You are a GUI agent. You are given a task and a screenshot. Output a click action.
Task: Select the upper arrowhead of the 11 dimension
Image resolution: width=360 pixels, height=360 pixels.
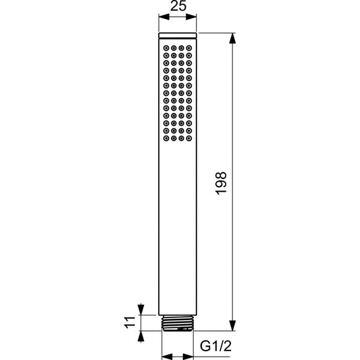point(140,309)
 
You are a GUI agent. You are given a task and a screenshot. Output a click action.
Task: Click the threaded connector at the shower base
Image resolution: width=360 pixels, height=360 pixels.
point(177,323)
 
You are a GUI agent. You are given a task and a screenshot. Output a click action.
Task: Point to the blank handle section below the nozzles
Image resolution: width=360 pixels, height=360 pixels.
point(177,230)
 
